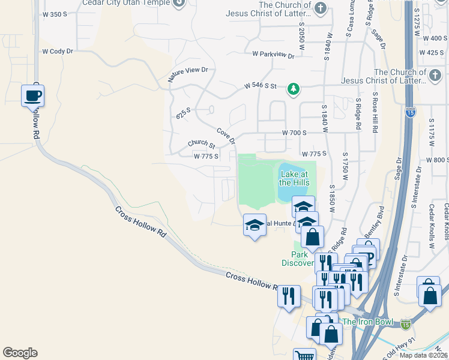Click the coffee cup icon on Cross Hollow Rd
pos(32,95)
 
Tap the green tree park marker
pos(293,89)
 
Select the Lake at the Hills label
pos(294,178)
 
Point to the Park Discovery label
pos(298,258)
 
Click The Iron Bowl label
pos(367,322)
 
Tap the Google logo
pos(20,352)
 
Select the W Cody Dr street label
pos(53,52)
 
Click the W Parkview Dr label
pos(273,55)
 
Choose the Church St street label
pos(201,144)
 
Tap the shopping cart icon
pos(306,355)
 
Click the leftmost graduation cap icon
pos(255,226)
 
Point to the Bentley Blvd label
pos(373,221)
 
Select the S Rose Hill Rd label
pos(376,112)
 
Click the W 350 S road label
pos(55,13)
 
